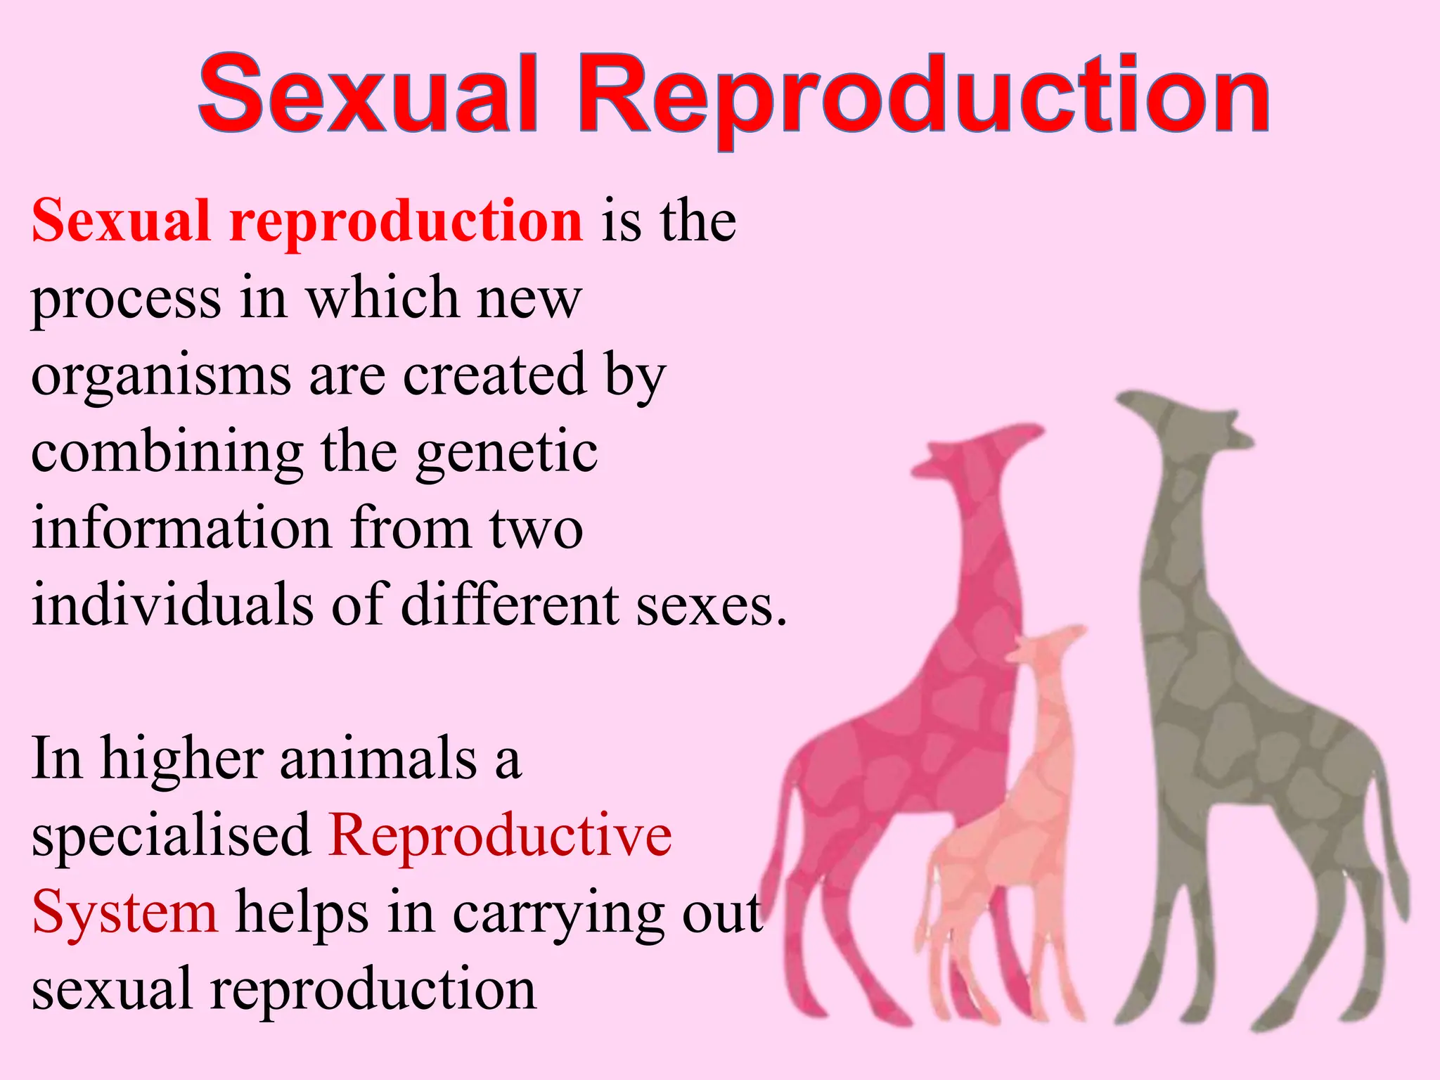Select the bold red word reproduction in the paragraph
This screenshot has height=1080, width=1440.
406,222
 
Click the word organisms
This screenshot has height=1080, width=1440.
161,377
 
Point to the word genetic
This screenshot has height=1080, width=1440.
507,453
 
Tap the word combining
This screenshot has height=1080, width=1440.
167,454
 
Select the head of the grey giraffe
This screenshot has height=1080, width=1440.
1188,422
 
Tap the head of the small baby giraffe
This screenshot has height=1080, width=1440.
1048,643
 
